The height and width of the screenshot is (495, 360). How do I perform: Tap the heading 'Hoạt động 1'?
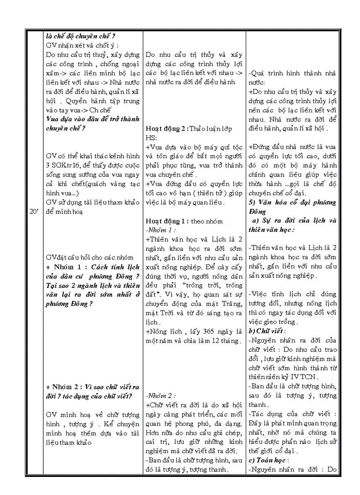coord(167,221)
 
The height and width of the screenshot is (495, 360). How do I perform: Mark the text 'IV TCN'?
coord(312,377)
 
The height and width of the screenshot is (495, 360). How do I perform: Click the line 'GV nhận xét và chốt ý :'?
coord(82,45)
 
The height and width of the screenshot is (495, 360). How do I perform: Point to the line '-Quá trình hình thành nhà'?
coord(292,73)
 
